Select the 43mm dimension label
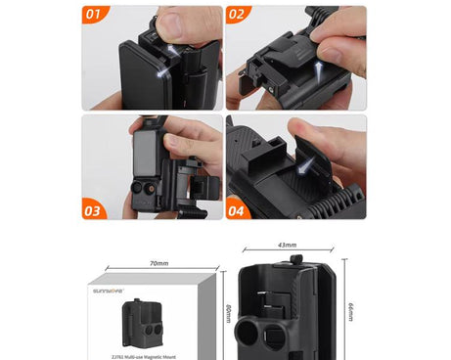(288, 246)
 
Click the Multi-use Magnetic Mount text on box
(147, 357)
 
